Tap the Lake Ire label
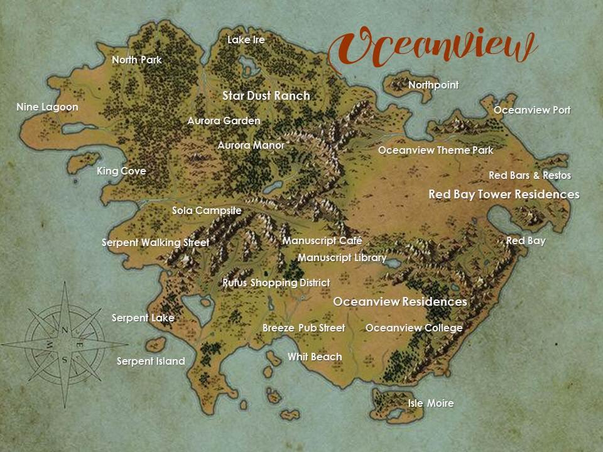tap(246, 40)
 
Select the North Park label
tap(136, 60)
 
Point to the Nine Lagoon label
tap(47, 107)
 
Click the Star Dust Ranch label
tap(266, 95)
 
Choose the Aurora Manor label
tap(251, 145)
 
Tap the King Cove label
tap(121, 171)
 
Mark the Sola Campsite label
tap(207, 210)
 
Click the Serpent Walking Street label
tap(155, 242)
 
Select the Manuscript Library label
tap(342, 257)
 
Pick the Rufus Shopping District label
tap(276, 283)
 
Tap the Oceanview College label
tap(414, 328)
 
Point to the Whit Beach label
tap(315, 357)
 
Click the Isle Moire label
tap(430, 403)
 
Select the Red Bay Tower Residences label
tap(503, 195)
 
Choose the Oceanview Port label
tap(532, 110)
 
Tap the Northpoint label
tap(433, 85)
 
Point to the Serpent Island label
tap(151, 361)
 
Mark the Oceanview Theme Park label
tap(435, 151)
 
